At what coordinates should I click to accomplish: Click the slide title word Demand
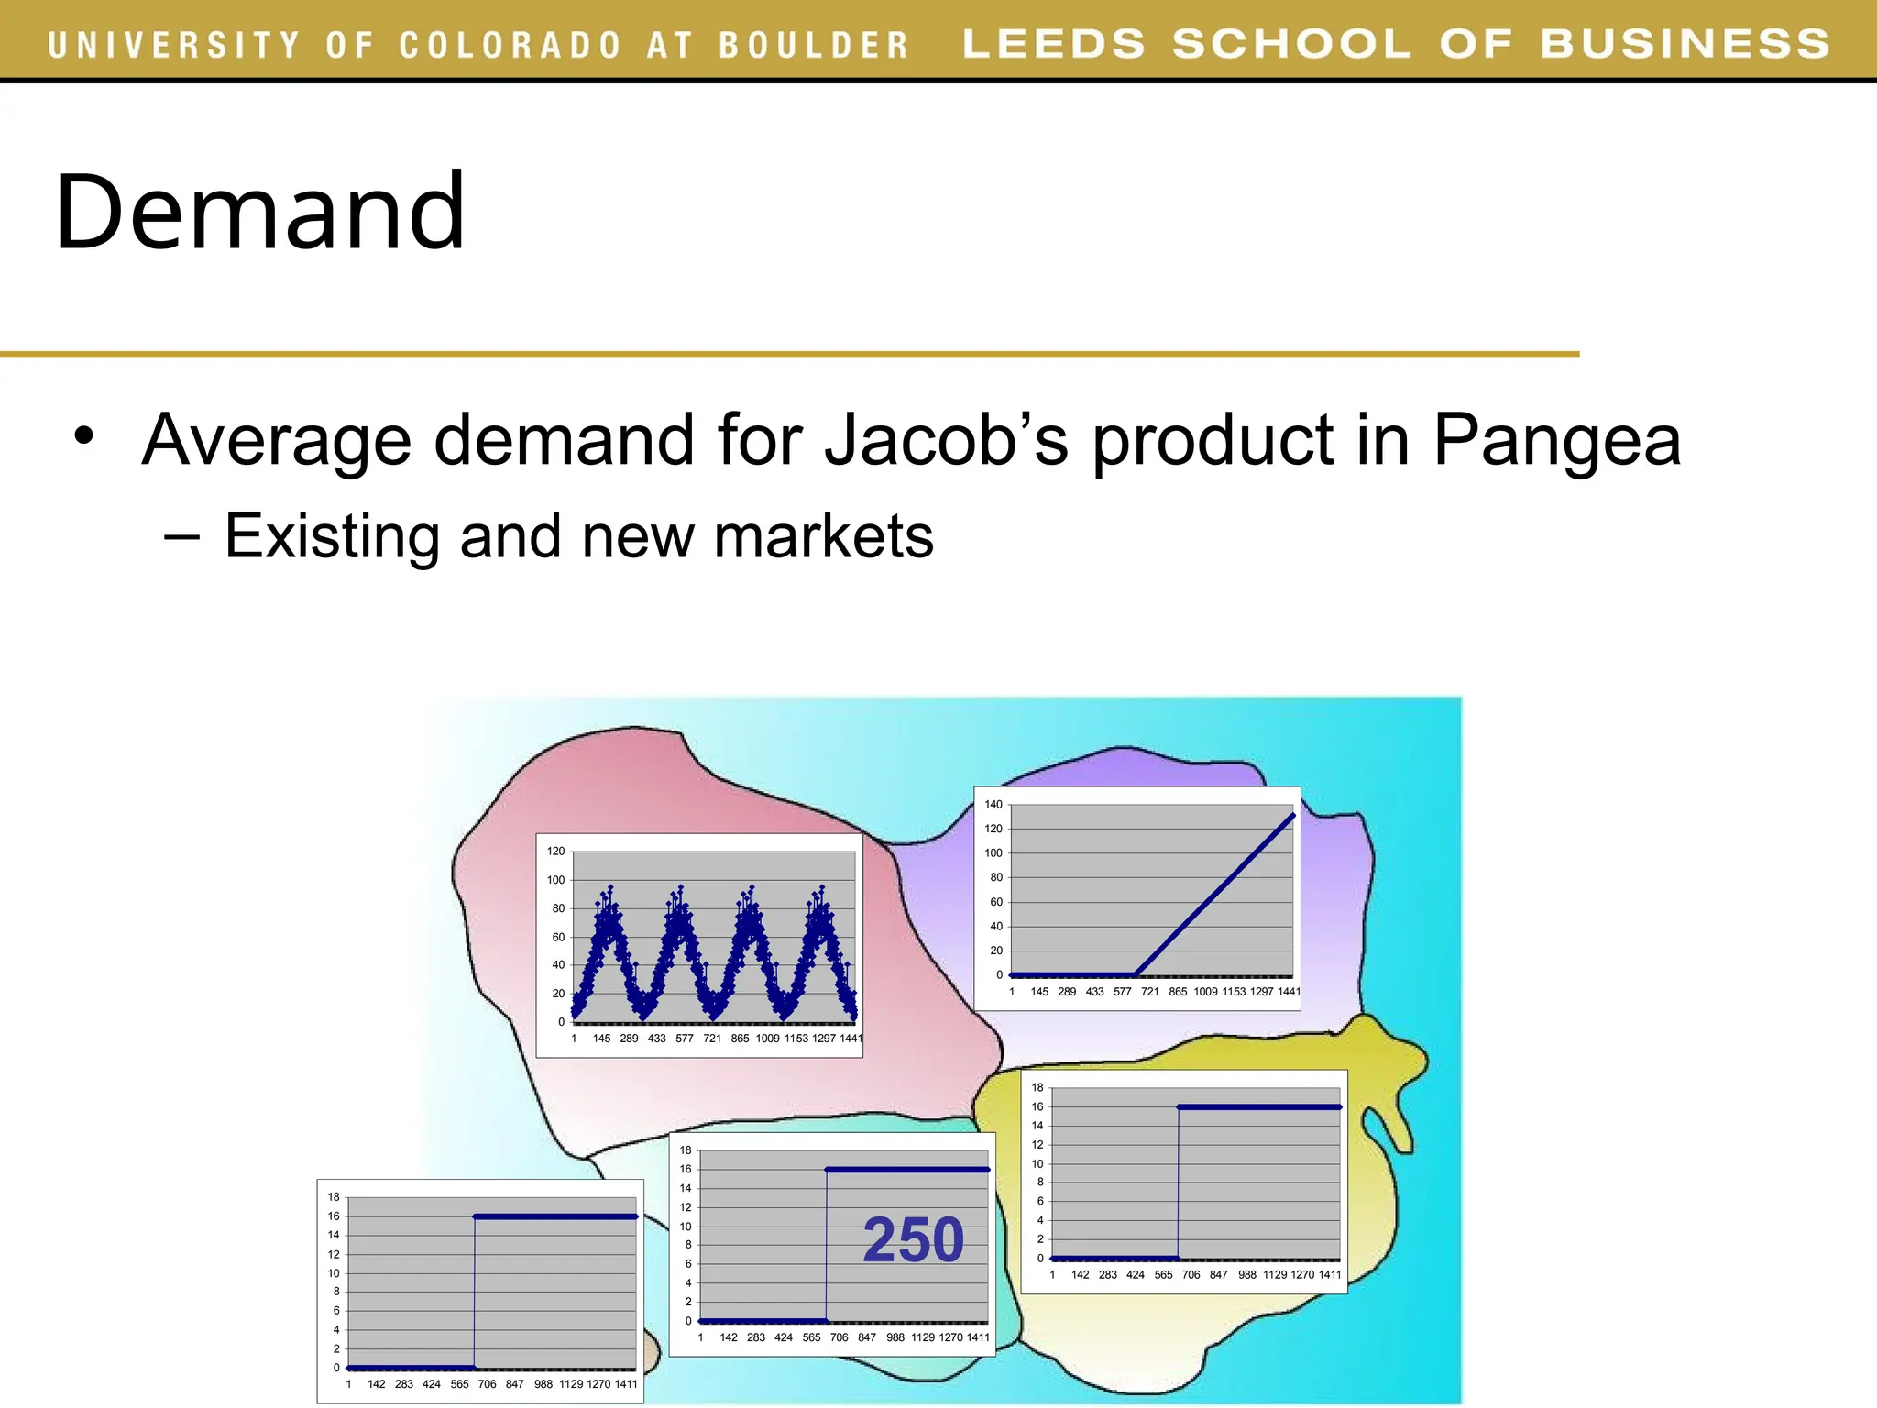click(x=261, y=213)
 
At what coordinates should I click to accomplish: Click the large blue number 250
click(x=914, y=1240)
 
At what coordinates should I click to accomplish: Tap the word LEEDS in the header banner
click(x=1054, y=44)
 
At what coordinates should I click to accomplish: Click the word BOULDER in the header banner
click(x=813, y=45)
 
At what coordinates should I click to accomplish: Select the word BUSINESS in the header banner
click(x=1685, y=44)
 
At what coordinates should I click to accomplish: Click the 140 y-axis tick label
click(x=993, y=805)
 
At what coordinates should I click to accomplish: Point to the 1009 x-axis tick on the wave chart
click(x=767, y=1039)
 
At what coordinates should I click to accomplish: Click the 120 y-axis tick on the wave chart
click(x=556, y=852)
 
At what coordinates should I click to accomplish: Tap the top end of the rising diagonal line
click(x=1293, y=814)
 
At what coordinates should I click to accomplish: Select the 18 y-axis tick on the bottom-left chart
click(x=334, y=1197)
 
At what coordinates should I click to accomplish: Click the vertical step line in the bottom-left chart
click(x=475, y=1292)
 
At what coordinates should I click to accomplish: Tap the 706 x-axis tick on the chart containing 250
click(x=839, y=1337)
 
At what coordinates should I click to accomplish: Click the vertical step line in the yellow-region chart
click(x=1179, y=1182)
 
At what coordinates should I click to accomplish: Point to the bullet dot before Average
click(x=84, y=436)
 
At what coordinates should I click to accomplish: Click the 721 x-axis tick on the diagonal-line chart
click(x=1149, y=992)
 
